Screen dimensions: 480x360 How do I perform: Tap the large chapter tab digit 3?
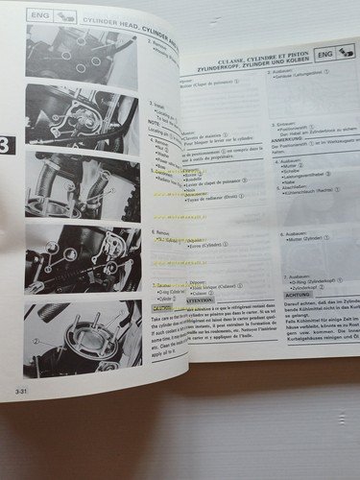(x=9, y=146)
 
